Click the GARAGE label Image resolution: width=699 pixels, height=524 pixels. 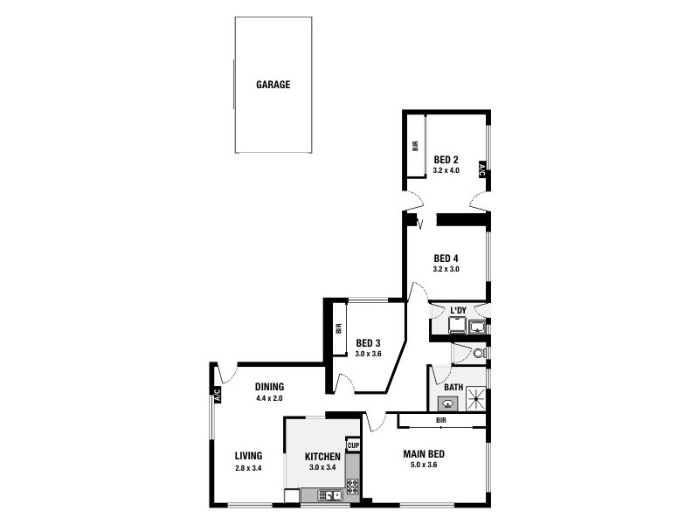(273, 86)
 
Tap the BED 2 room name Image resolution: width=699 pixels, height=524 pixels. (446, 160)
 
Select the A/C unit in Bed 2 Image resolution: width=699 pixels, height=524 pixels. (481, 170)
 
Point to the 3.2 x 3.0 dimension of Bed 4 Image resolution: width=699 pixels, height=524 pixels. (446, 270)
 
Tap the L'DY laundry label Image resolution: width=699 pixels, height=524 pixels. (458, 311)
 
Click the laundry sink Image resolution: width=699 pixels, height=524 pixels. (476, 327)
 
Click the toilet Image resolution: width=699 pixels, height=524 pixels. (477, 354)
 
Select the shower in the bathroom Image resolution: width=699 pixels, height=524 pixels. (474, 398)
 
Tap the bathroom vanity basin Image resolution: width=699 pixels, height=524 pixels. (449, 403)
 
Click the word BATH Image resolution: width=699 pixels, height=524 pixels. (453, 387)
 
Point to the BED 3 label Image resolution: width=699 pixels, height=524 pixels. (369, 342)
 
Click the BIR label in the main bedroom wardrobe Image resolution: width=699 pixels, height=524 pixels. (441, 421)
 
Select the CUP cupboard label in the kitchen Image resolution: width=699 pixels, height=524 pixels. (353, 445)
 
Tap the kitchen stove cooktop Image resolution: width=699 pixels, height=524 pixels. (352, 487)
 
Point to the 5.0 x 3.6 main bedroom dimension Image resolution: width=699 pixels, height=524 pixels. (424, 465)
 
